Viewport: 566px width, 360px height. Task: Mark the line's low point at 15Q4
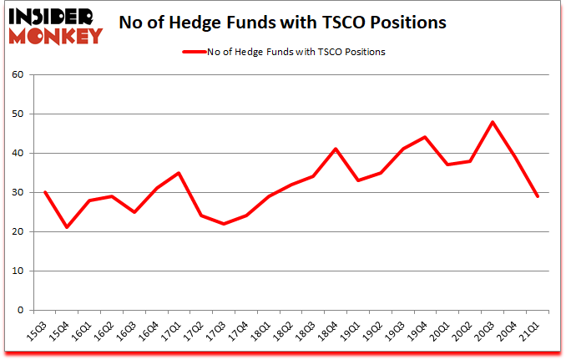[x=67, y=227]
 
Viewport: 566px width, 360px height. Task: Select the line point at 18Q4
[x=336, y=149]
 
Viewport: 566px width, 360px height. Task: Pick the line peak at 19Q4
[x=424, y=137]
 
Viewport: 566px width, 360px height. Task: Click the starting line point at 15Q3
[x=44, y=192]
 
